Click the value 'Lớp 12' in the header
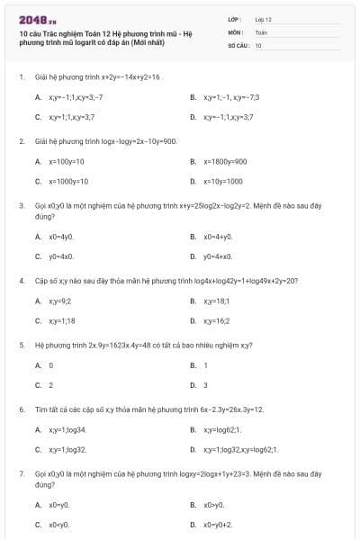tap(263, 18)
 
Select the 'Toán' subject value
tap(261, 31)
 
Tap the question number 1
tap(21, 77)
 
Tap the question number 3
tap(21, 205)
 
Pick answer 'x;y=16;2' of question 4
tap(217, 320)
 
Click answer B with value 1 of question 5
tap(205, 364)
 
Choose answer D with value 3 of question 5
tap(205, 385)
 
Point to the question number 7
tap(21, 472)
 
